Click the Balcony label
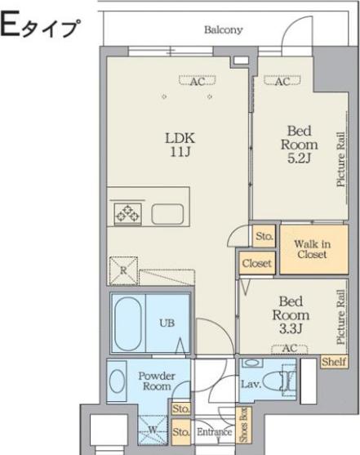[223, 30]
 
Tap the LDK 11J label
[180, 145]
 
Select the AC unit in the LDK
[198, 80]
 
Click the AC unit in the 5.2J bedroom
[282, 80]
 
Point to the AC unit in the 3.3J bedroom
[289, 349]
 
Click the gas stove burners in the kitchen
[127, 214]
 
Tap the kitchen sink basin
[167, 214]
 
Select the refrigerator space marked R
[123, 271]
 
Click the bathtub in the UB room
[128, 323]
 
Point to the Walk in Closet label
[312, 249]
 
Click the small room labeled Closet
[256, 263]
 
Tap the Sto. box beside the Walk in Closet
[264, 236]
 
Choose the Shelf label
[334, 362]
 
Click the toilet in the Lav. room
[278, 381]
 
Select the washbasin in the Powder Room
[118, 381]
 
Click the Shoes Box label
[244, 425]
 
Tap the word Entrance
[214, 432]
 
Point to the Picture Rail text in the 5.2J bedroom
[341, 159]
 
